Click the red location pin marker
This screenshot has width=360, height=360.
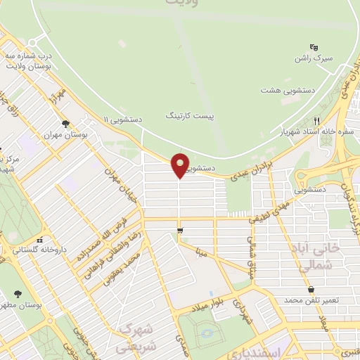point(181,165)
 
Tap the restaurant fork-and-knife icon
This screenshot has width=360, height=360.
point(317,120)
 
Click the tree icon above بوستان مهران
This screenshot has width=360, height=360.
point(65,124)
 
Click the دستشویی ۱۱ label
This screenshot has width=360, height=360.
point(122,120)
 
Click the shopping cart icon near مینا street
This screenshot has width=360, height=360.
point(181,231)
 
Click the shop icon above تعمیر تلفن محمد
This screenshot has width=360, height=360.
point(311,289)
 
